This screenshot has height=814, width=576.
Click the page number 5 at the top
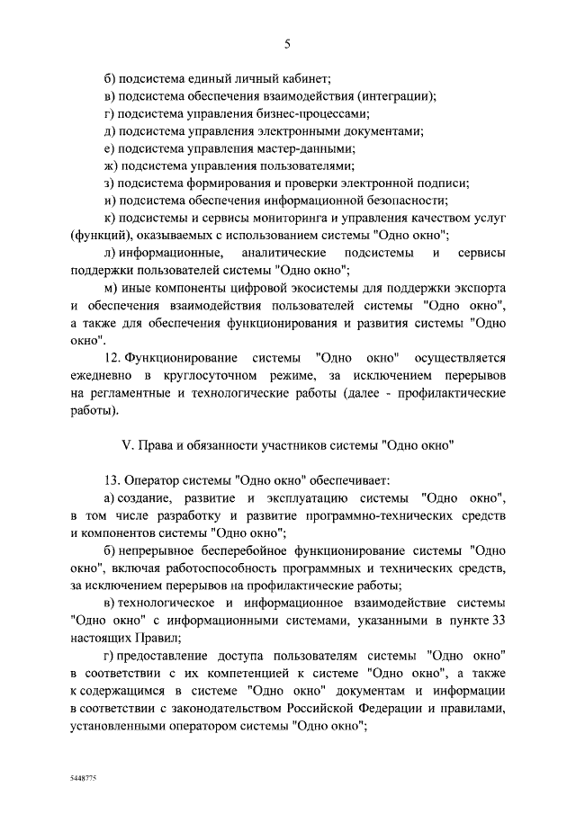(287, 44)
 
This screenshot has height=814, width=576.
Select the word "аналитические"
(284, 254)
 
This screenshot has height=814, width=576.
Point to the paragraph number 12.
(112, 359)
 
